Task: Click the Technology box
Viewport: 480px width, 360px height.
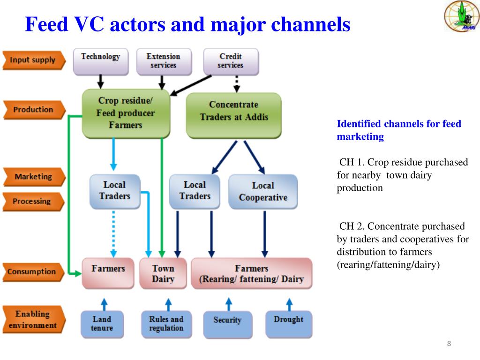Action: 100,61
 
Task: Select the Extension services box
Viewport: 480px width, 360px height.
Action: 164,61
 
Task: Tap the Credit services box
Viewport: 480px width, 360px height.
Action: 231,61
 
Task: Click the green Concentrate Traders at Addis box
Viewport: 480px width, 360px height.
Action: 233,115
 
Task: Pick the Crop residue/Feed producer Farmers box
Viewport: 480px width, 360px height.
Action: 126,113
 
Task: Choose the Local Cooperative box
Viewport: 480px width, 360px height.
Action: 263,191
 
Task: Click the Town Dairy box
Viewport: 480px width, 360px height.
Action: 163,273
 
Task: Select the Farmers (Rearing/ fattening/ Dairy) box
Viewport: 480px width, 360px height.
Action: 251,273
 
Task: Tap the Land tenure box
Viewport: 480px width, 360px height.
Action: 102,324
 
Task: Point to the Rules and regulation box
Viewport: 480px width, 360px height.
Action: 166,324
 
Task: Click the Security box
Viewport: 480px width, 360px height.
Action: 227,324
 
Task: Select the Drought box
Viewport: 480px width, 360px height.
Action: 288,324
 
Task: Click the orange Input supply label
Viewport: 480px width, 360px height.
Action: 33,60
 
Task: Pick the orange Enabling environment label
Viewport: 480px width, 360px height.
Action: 33,320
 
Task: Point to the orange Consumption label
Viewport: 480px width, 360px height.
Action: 32,271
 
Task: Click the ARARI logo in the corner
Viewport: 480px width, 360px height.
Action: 458,16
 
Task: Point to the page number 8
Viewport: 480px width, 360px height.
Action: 449,344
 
